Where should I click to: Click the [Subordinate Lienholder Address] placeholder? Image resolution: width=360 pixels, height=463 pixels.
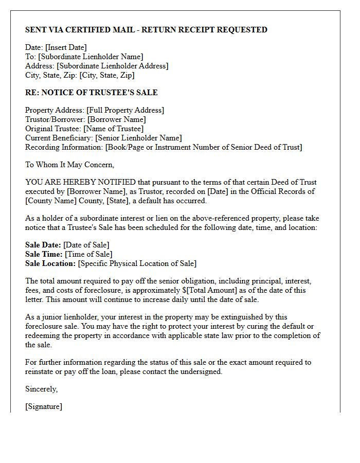(112, 66)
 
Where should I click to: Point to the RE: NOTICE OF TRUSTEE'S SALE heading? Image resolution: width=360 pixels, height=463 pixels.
(92, 93)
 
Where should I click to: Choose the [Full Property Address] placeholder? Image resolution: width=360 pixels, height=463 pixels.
(125, 110)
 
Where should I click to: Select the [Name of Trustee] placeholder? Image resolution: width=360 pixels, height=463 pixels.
(113, 129)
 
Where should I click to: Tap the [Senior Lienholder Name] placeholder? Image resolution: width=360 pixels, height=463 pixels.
(139, 138)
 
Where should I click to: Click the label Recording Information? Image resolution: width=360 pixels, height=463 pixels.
(64, 147)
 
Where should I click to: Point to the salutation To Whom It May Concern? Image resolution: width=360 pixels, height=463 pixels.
(69, 165)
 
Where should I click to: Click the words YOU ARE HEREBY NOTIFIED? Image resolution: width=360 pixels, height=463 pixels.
(81, 182)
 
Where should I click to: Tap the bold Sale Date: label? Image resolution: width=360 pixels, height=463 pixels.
(43, 245)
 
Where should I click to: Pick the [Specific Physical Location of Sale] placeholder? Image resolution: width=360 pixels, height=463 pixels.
(137, 263)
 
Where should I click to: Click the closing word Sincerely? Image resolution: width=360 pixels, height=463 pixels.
(41, 389)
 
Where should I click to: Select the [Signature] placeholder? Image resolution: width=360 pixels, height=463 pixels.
(44, 406)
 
